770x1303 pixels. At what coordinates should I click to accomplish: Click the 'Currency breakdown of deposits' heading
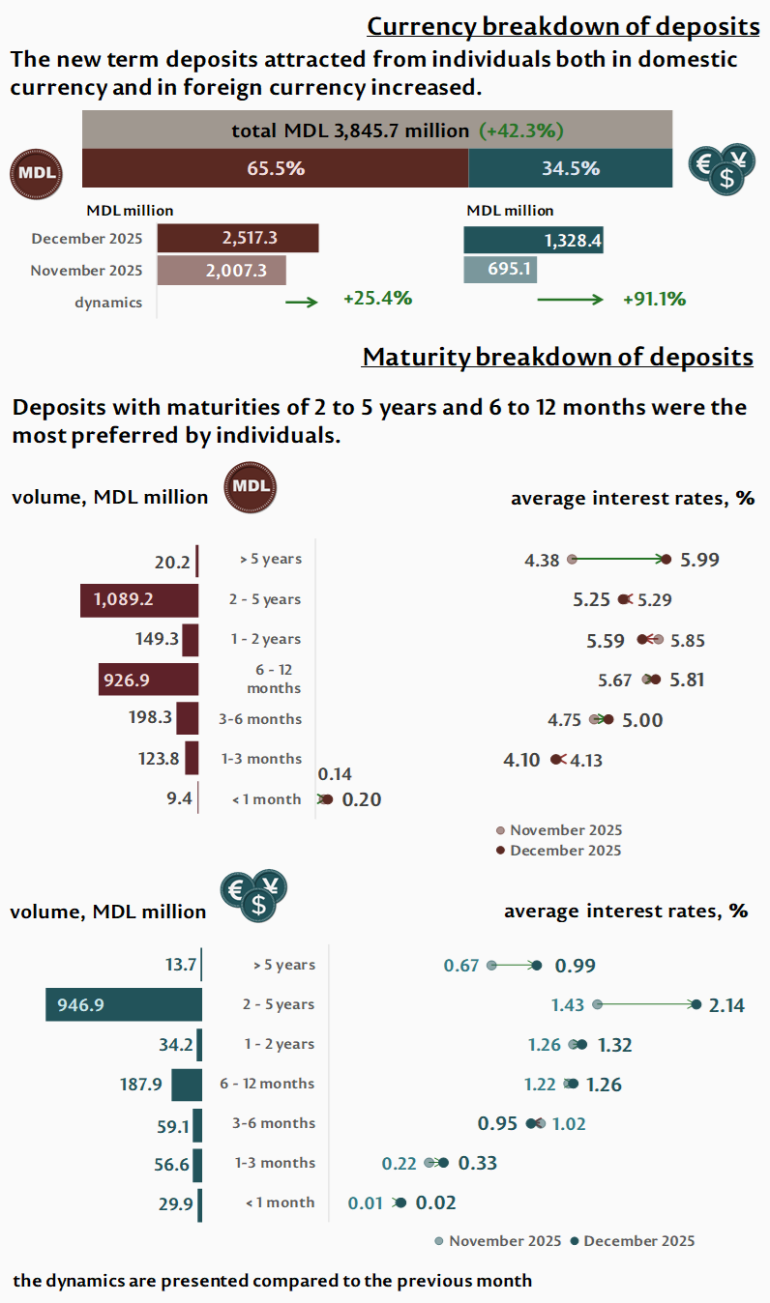click(x=563, y=26)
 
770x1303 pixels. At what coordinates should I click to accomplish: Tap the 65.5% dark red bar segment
click(x=276, y=168)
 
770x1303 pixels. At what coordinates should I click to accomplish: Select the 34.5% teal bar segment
click(x=570, y=168)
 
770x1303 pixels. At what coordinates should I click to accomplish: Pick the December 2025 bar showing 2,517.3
click(x=238, y=239)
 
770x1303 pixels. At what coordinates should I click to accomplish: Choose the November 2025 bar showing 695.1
click(x=500, y=269)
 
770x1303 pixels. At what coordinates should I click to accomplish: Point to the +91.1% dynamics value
click(x=655, y=300)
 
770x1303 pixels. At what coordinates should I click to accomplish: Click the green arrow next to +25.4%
click(x=301, y=302)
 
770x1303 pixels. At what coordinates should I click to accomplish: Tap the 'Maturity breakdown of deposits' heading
click(x=557, y=357)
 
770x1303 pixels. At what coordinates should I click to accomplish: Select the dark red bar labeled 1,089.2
click(x=139, y=599)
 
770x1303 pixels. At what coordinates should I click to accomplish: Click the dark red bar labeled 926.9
click(x=148, y=680)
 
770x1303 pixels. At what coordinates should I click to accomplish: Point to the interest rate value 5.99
click(x=699, y=560)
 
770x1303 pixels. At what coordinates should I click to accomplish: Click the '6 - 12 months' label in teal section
click(x=267, y=1084)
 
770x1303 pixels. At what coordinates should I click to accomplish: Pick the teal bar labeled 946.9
click(x=124, y=1005)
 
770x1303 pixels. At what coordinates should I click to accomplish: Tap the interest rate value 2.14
click(x=726, y=1005)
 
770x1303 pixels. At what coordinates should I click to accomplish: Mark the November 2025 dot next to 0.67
click(x=491, y=965)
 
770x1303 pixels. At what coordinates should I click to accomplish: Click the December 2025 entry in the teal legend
click(x=633, y=1241)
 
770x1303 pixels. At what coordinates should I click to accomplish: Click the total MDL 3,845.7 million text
click(x=351, y=130)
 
